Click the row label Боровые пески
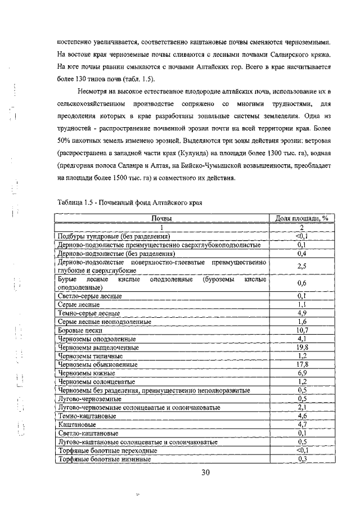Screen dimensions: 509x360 click(x=79, y=330)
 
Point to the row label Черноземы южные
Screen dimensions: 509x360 click(x=83, y=373)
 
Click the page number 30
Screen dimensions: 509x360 click(x=205, y=472)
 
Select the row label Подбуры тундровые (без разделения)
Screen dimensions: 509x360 click(x=114, y=236)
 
